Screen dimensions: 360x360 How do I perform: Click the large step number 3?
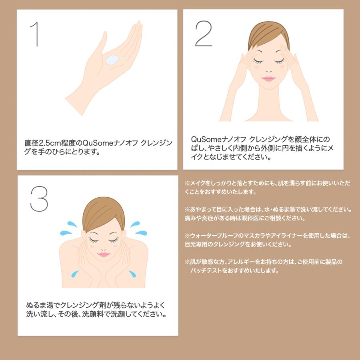tap(39, 199)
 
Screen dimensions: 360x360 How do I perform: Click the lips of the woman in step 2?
tap(268, 79)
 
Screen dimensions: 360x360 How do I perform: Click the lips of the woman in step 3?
tap(103, 254)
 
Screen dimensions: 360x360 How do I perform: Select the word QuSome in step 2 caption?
tap(204, 139)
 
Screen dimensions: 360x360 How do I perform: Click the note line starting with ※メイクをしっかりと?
tap(267, 183)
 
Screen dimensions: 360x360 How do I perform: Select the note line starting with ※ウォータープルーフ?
tap(267, 236)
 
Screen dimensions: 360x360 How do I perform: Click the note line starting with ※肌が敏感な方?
tap(264, 262)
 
